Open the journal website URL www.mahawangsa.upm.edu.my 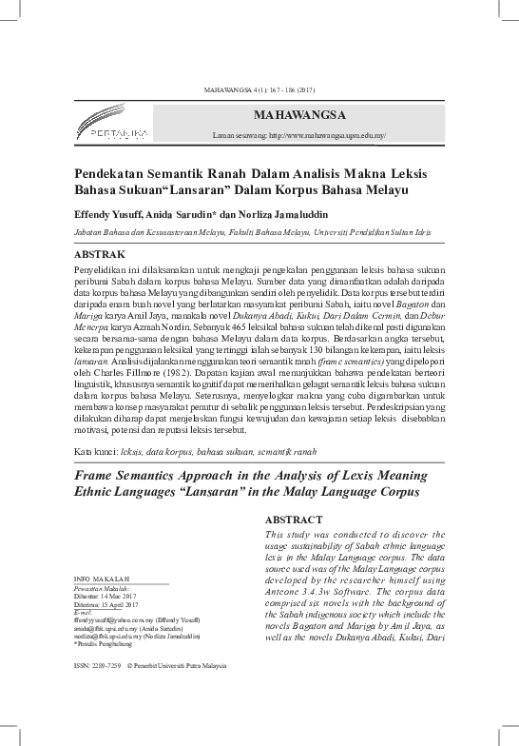pos(327,137)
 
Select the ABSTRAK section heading pos(101,255)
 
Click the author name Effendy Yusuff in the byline pos(109,215)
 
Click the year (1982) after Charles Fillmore pos(166,372)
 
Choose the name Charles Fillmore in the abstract pos(119,372)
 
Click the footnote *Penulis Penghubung pos(105,643)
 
